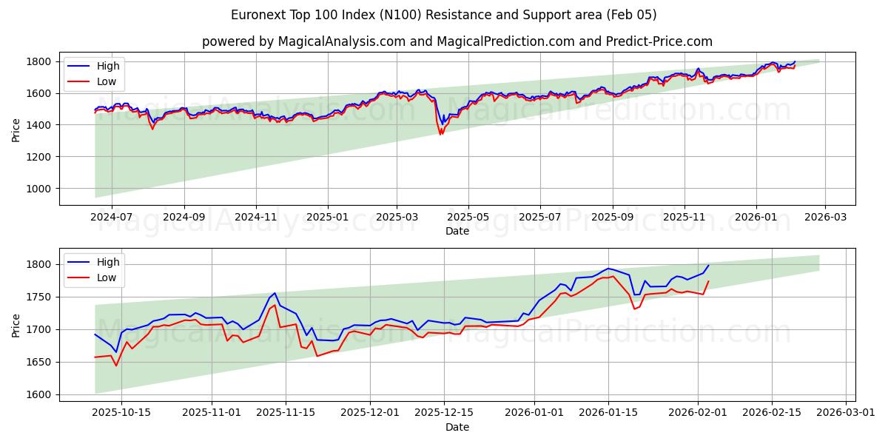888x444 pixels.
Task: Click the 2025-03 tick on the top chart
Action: point(397,218)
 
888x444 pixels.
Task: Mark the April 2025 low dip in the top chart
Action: point(441,134)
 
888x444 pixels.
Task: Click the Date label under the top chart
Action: point(457,231)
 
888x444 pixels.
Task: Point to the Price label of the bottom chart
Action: point(16,326)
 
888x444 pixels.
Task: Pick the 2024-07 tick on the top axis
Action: point(111,218)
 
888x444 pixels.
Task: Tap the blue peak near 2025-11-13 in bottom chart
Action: point(275,292)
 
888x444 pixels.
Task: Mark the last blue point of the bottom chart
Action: point(708,266)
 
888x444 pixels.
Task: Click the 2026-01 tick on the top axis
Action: point(756,218)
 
